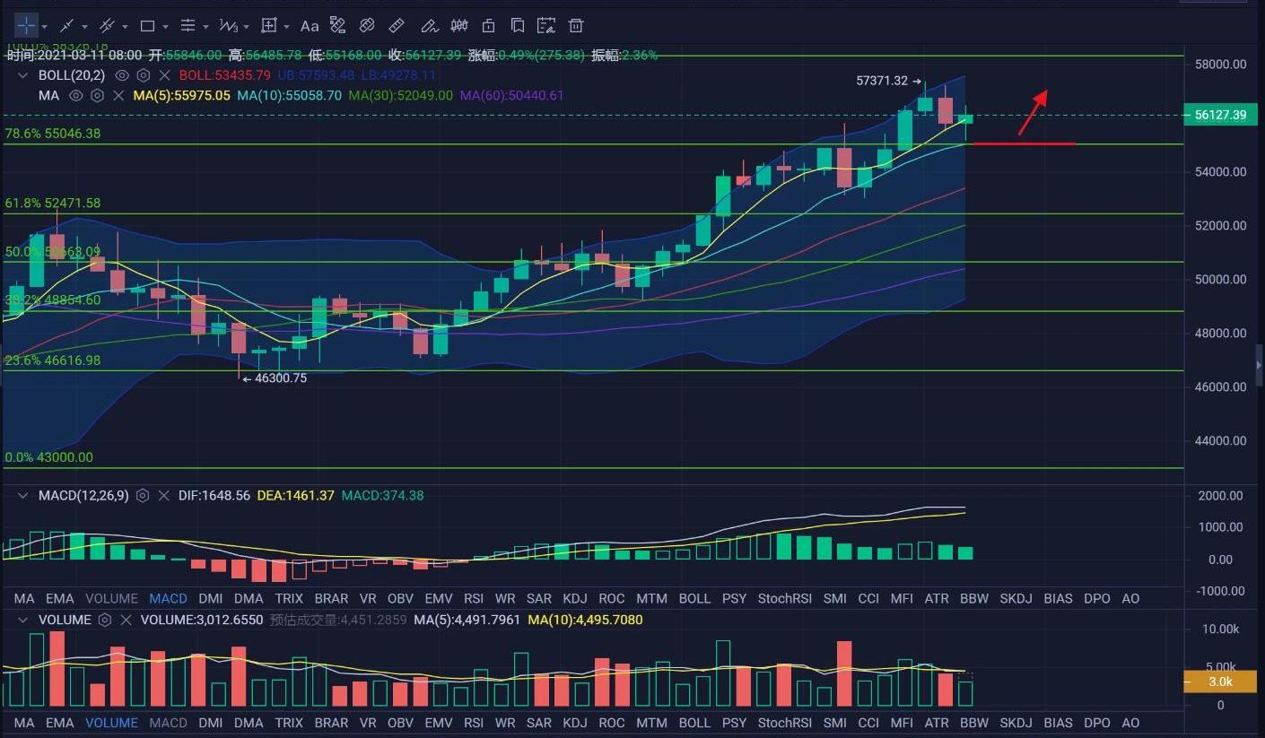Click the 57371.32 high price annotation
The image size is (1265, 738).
point(883,81)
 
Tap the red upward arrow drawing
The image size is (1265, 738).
point(1033,112)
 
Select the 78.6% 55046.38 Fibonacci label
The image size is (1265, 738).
point(53,134)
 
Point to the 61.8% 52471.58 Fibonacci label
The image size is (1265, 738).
point(53,204)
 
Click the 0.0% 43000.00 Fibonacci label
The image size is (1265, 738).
point(48,457)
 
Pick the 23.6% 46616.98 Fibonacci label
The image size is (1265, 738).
point(53,360)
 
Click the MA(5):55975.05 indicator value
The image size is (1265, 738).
point(181,95)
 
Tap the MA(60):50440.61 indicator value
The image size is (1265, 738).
point(511,95)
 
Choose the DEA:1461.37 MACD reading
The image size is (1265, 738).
point(295,495)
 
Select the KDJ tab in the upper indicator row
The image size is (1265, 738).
point(574,598)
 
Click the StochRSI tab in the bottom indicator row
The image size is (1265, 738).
point(784,723)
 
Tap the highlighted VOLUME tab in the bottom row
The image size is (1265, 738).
point(111,723)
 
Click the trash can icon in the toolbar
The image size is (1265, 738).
point(576,26)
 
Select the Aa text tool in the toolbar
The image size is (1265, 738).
point(310,26)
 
